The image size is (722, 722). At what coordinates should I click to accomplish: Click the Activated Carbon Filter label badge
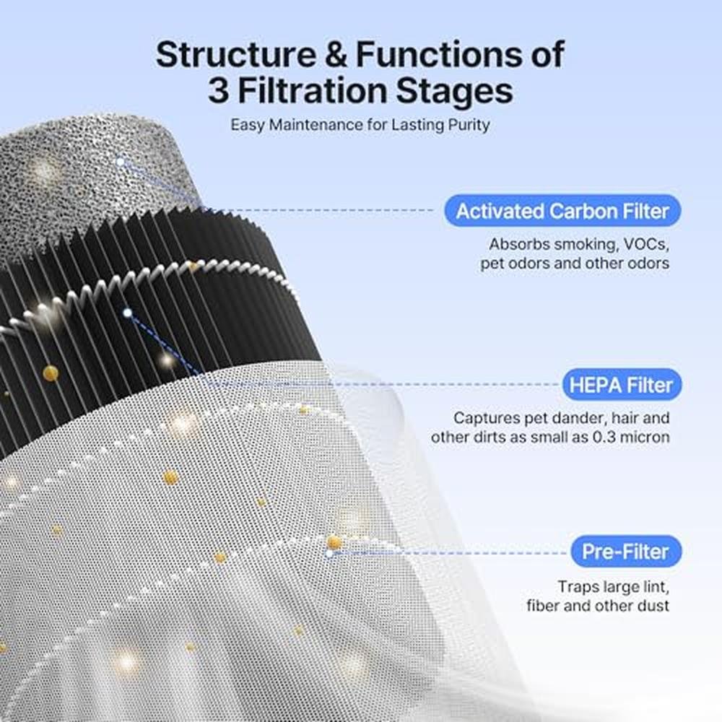[x=562, y=211]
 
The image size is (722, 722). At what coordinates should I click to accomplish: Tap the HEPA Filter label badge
[x=622, y=385]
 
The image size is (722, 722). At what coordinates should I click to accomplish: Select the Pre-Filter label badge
[x=626, y=552]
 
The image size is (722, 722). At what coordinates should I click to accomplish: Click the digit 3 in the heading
[x=218, y=91]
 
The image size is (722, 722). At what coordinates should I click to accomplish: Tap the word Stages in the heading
[x=454, y=92]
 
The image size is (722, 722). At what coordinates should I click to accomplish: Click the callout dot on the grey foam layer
[x=120, y=162]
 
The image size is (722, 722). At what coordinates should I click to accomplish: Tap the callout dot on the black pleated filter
[x=128, y=313]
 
